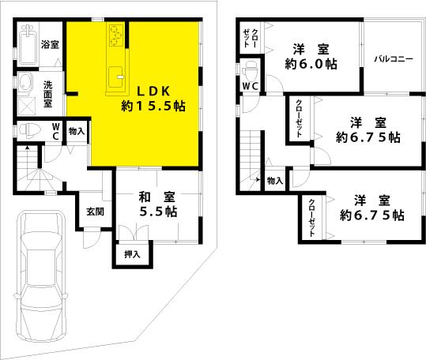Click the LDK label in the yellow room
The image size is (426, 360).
[142, 90]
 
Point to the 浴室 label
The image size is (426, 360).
[50, 45]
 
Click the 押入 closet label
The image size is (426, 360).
[133, 254]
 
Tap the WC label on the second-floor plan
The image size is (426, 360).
[251, 86]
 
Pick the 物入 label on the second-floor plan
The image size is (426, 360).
[274, 181]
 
